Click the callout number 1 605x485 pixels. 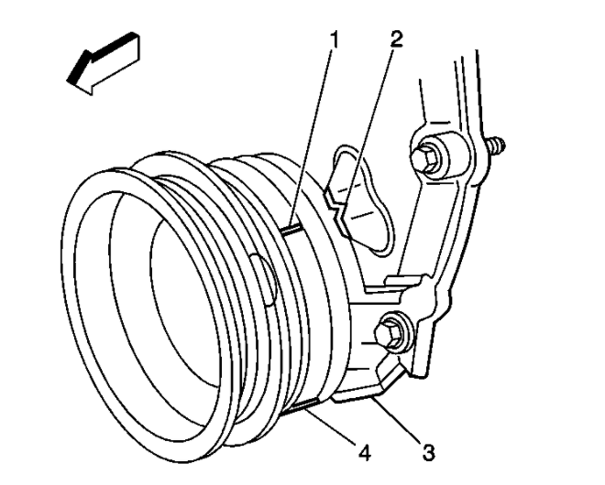335,40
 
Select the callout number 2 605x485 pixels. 396,39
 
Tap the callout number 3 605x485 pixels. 428,452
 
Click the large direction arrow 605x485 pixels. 104,63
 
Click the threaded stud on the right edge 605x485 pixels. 496,146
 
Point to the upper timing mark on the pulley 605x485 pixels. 292,231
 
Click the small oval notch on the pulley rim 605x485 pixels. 266,278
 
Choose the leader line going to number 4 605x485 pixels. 331,426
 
